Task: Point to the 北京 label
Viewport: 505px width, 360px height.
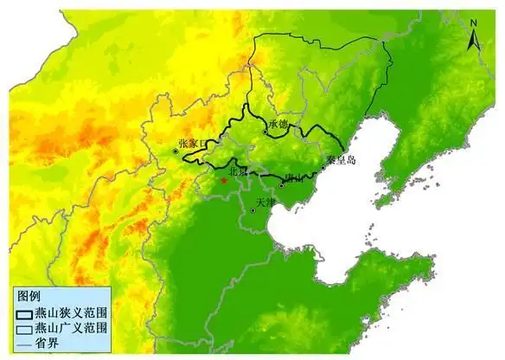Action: (x=237, y=171)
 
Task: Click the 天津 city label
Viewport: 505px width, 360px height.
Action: (x=265, y=202)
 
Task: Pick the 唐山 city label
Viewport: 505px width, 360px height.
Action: (x=294, y=178)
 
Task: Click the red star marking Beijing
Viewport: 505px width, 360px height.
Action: (x=223, y=180)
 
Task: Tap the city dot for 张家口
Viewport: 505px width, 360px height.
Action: (x=176, y=151)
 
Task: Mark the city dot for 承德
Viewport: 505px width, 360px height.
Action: (x=265, y=132)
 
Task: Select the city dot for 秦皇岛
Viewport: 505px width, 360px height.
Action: (x=323, y=167)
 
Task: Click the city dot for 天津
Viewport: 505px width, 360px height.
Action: (x=252, y=210)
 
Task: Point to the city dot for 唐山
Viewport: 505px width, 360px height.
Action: (x=282, y=184)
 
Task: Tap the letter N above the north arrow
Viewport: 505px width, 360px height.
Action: (x=473, y=21)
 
